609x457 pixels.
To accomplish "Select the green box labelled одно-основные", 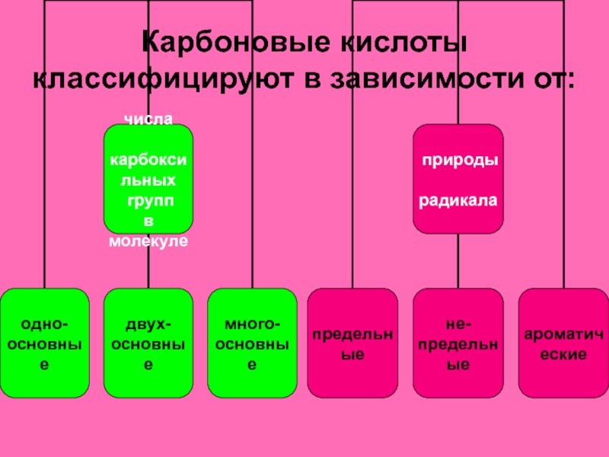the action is point(45,343).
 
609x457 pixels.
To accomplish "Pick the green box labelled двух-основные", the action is point(148,343).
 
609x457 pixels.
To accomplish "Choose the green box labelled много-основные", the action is point(252,343).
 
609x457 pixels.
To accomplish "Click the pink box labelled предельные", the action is point(352,343).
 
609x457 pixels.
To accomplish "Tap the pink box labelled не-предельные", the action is point(458,343).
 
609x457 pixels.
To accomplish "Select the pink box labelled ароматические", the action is point(562,343).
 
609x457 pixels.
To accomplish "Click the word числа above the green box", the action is point(148,119).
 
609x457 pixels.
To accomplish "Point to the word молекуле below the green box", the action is point(148,241).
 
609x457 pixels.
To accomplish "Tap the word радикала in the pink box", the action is point(458,202).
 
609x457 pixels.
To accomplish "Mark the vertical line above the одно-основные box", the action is point(45,152).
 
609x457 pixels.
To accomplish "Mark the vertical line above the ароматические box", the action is point(562,152).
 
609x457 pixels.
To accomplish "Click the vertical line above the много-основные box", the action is point(252,152).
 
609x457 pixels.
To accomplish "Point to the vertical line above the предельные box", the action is point(352,152).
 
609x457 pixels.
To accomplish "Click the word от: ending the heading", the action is point(553,80).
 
